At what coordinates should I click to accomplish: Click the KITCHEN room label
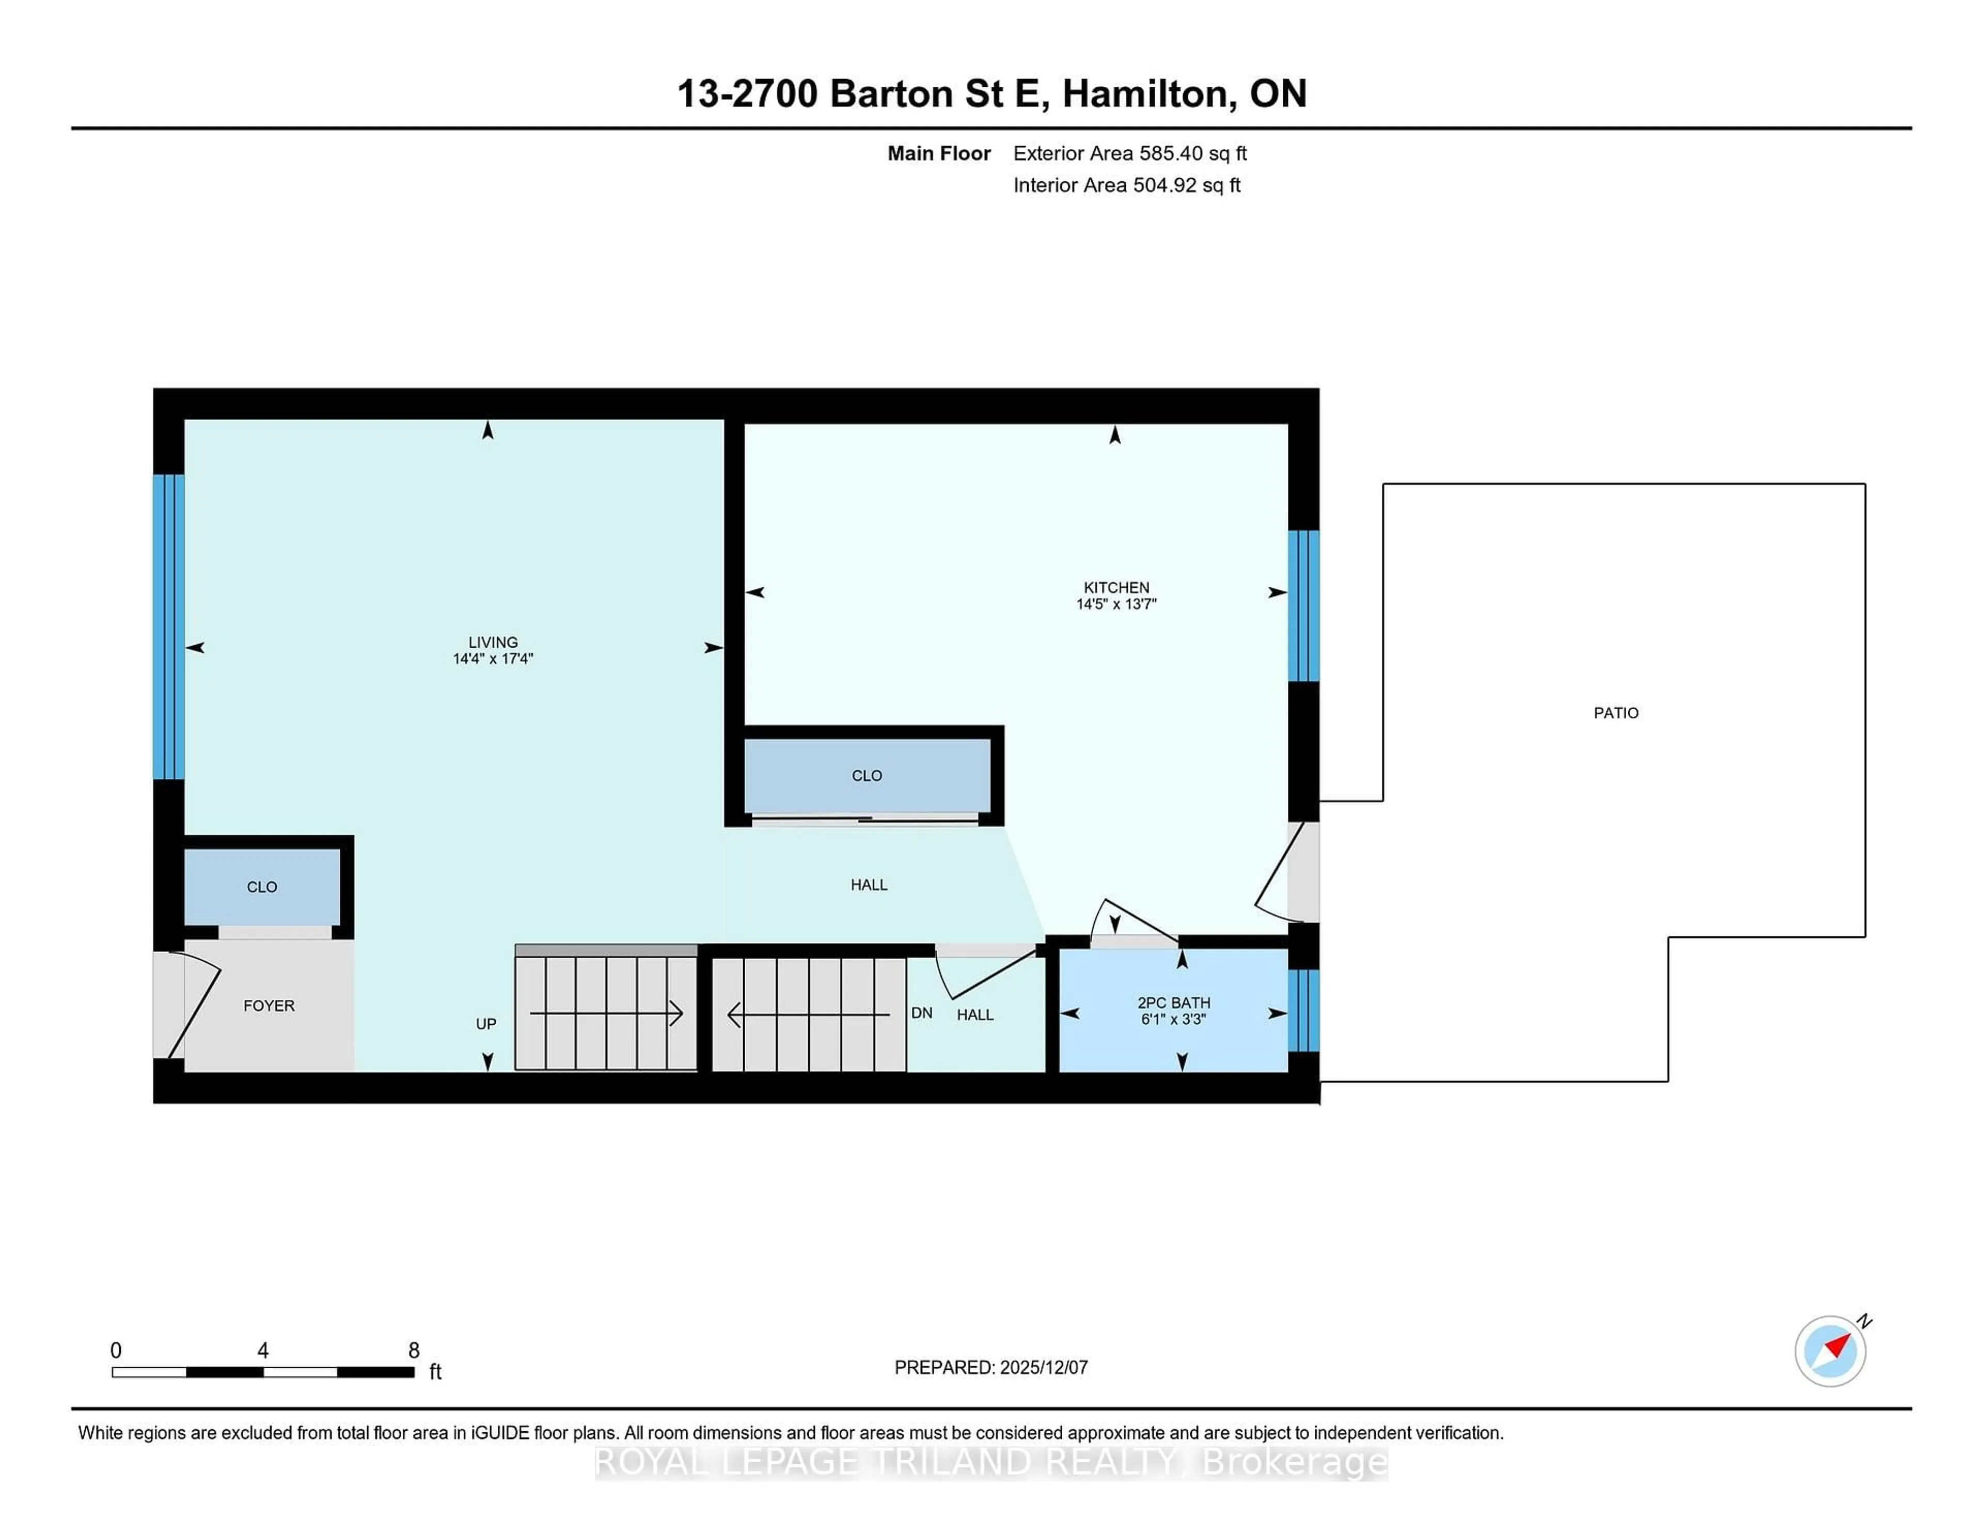click(x=1116, y=588)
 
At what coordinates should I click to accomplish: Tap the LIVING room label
click(x=493, y=642)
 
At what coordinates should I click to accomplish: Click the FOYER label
click(x=269, y=1005)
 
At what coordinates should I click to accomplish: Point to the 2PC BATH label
click(x=1173, y=1003)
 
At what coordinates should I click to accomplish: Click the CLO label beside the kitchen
click(x=866, y=776)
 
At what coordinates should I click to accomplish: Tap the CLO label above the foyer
click(x=261, y=886)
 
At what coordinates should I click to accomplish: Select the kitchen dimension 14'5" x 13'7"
click(x=1116, y=604)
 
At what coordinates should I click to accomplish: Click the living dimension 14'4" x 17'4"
click(x=493, y=659)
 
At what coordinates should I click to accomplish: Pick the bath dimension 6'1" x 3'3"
click(x=1173, y=1019)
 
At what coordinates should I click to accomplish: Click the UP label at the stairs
click(x=486, y=1024)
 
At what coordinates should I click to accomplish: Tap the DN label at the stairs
click(x=922, y=1012)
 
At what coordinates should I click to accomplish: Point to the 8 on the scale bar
click(x=414, y=1351)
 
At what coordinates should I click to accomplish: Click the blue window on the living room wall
click(x=169, y=627)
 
